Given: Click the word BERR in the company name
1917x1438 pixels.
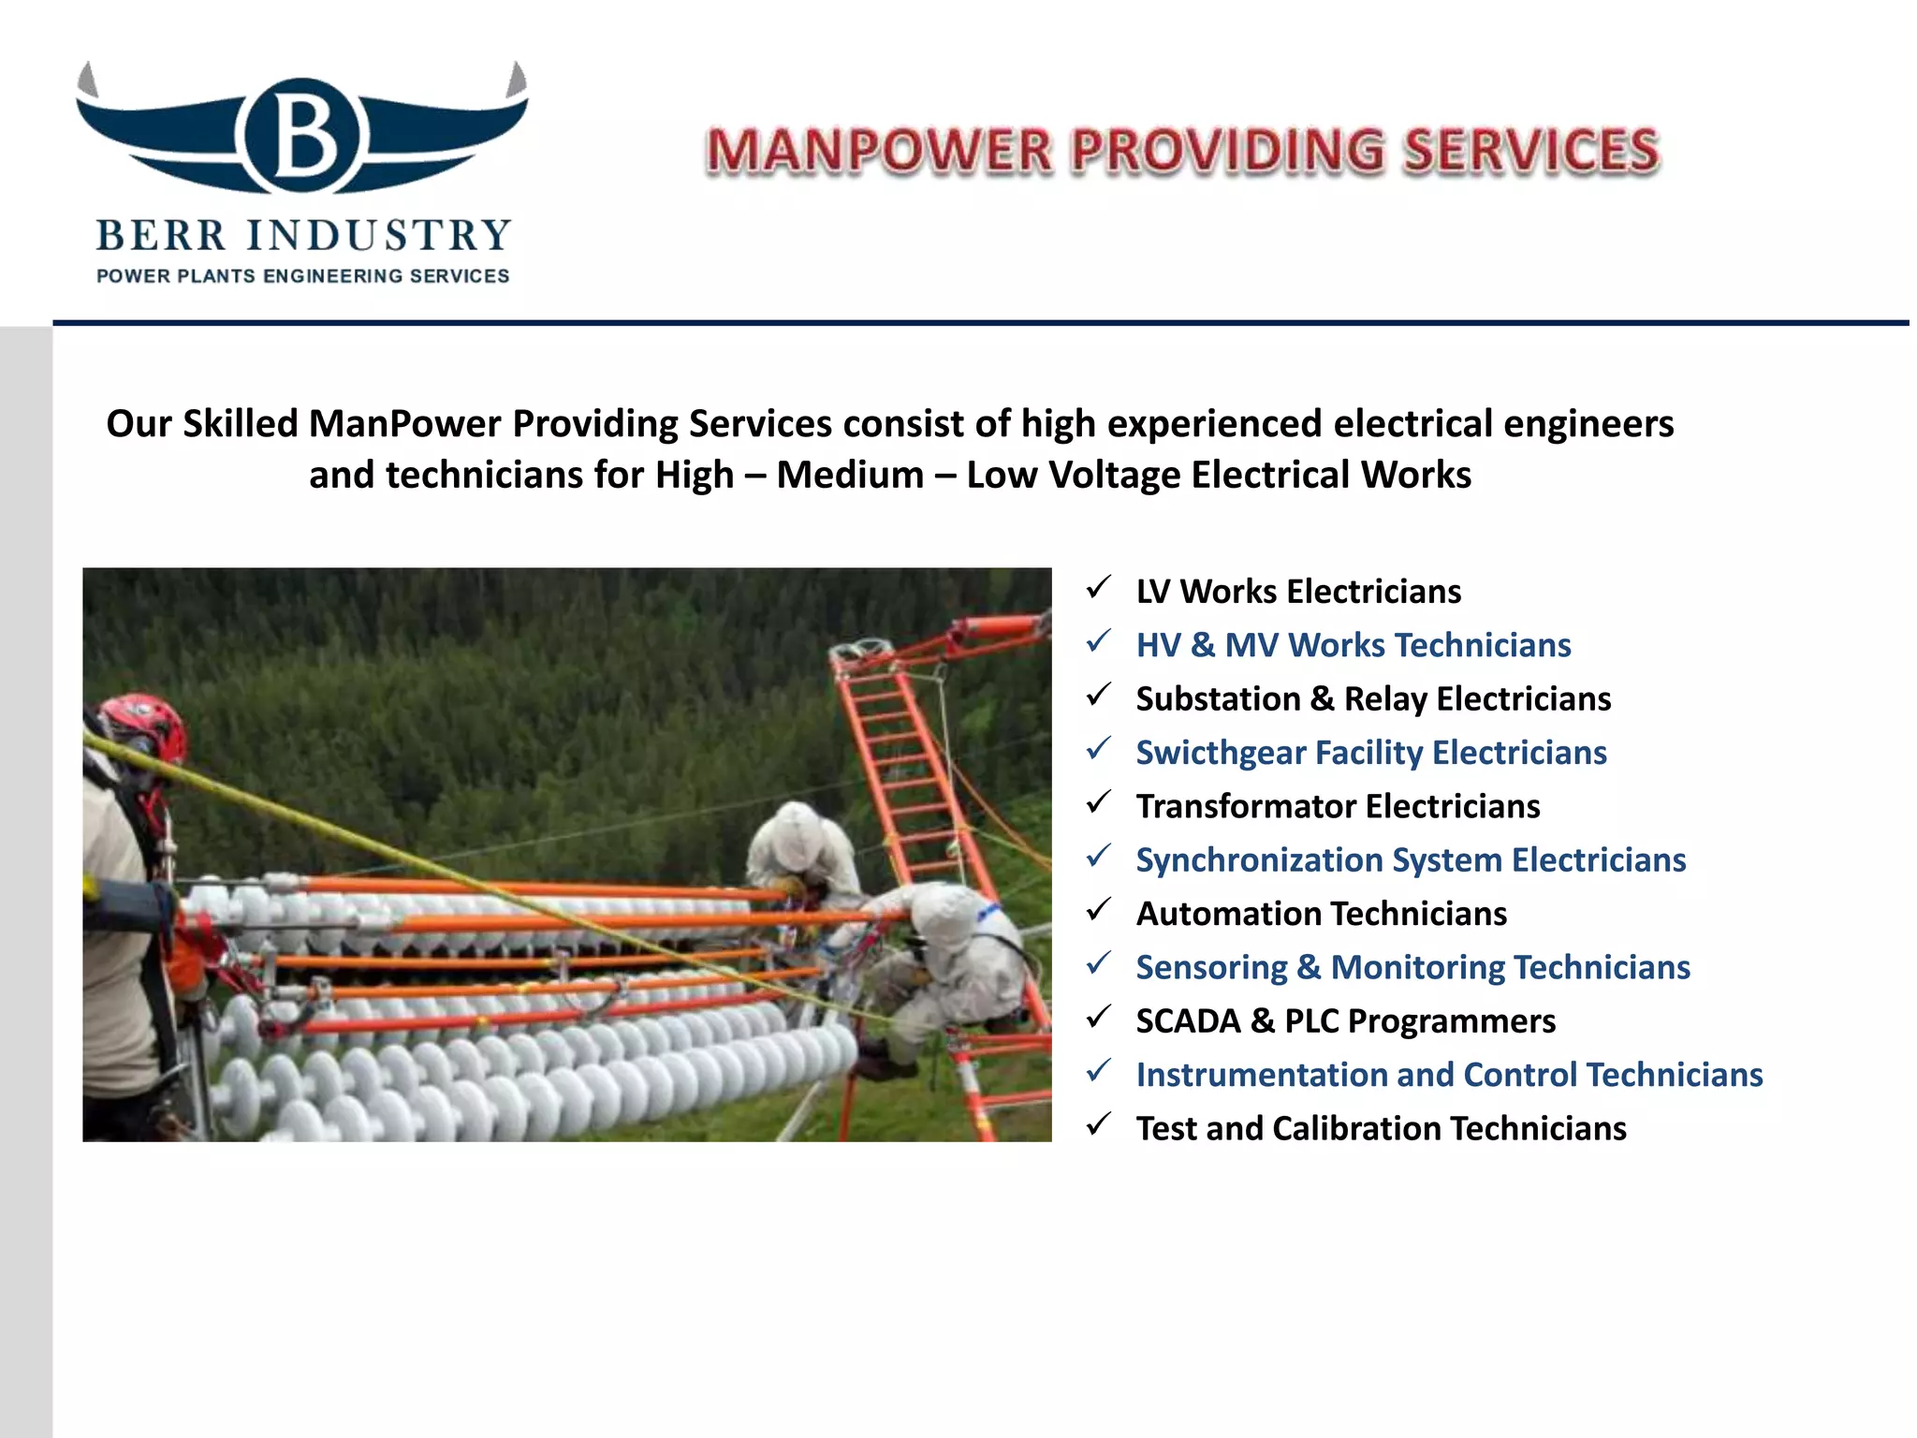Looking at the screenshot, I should (161, 236).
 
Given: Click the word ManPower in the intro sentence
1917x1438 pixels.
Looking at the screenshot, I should (404, 424).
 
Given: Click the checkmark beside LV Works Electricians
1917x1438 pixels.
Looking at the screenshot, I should (1099, 589).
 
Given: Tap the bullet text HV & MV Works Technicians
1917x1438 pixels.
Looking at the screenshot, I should (1353, 645).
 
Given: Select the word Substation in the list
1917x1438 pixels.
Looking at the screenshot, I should (1218, 699).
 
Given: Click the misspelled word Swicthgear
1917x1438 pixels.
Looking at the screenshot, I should (1221, 754).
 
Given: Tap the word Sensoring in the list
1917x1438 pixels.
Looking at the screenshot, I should (1211, 968).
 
